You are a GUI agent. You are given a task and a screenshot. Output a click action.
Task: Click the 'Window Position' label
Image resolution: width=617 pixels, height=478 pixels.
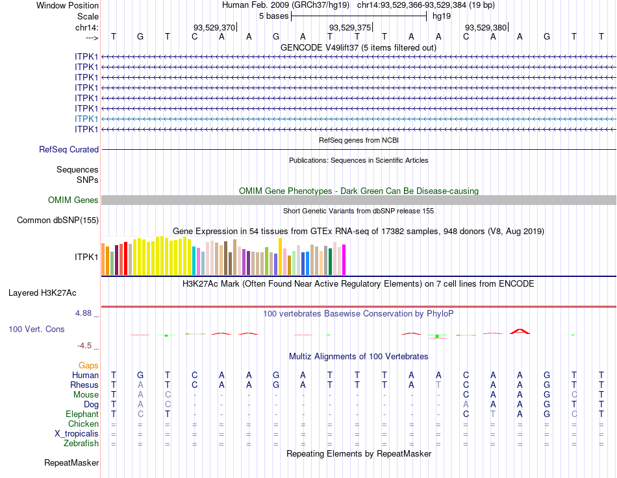click(68, 5)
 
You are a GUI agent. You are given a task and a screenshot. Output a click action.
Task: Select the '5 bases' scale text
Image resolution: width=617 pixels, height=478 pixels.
click(273, 16)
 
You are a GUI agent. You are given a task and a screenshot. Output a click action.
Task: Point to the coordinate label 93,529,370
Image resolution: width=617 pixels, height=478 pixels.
click(214, 27)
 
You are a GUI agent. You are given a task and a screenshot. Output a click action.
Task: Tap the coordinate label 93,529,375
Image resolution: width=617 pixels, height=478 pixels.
click(350, 27)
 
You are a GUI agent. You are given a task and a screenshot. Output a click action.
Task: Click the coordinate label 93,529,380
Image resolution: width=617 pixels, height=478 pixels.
click(486, 27)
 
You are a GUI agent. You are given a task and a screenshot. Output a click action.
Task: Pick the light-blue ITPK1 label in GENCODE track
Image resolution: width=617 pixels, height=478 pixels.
click(86, 119)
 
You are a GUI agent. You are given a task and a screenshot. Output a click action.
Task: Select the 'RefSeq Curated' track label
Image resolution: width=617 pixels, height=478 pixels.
click(69, 149)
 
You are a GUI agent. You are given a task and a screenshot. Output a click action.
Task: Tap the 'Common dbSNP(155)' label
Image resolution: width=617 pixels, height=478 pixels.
click(57, 221)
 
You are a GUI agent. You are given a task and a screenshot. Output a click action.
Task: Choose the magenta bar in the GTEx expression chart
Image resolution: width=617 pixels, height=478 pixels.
click(344, 259)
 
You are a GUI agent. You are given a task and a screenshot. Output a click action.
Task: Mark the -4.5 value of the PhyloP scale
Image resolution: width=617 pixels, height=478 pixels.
click(86, 346)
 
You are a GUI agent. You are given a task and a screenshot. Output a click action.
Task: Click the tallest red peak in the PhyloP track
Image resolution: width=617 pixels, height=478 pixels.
click(520, 331)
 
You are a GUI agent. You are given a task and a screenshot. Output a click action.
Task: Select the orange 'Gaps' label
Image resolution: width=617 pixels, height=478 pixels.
click(88, 366)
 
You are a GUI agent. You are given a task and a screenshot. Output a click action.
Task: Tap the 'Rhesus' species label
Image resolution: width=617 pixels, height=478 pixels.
click(84, 385)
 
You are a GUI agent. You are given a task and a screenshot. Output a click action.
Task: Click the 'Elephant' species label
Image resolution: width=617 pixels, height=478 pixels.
click(82, 414)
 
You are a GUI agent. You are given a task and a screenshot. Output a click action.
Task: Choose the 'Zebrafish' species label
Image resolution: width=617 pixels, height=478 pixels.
click(81, 444)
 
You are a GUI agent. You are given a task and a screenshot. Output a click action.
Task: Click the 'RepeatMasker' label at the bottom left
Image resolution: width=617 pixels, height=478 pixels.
click(71, 463)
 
